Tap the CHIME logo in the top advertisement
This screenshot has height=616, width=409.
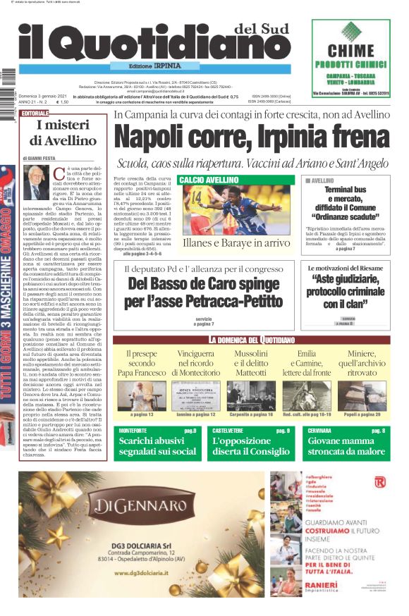(x=350, y=49)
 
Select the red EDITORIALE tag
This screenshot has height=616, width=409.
(x=35, y=113)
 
